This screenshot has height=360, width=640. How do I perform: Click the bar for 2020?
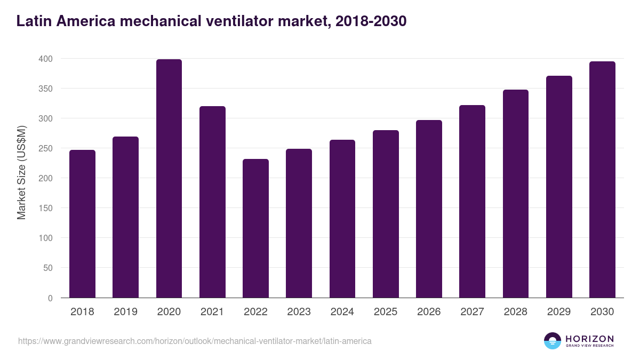tap(169, 179)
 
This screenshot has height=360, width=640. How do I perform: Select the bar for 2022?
tap(255, 228)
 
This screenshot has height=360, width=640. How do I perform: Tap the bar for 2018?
tap(82, 224)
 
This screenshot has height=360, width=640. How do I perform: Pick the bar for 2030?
tap(602, 180)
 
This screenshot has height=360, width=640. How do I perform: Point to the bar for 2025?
tap(386, 214)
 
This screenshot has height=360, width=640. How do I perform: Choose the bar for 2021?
tap(212, 202)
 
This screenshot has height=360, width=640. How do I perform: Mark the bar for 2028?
tap(516, 194)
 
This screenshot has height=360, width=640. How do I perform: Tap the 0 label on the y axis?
tap(50, 298)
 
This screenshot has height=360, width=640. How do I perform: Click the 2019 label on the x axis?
tap(125, 312)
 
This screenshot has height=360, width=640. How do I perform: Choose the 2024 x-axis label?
tap(342, 312)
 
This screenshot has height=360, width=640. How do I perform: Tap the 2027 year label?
tap(472, 312)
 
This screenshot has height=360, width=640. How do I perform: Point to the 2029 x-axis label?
tap(559, 312)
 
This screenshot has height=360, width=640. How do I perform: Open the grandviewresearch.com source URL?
tap(195, 340)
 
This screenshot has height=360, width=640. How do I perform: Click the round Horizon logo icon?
tap(552, 341)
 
